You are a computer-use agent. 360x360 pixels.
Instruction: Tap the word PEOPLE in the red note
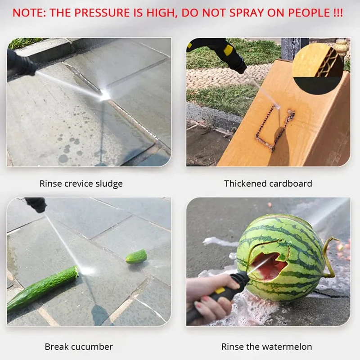coord(309,13)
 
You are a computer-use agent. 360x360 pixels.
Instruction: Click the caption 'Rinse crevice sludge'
coord(81,184)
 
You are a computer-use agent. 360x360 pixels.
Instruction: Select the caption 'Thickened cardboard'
coord(268,184)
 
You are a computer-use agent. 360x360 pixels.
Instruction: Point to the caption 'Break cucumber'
coord(79,346)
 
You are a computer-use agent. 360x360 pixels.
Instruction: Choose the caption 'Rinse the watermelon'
coord(266,346)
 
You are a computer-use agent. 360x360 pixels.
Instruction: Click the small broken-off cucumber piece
coord(136,256)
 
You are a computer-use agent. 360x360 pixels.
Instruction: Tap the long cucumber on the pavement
coord(42,288)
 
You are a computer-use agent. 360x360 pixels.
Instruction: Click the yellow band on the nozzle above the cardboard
coord(228,50)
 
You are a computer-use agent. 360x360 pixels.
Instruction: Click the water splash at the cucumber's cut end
coord(86,271)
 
